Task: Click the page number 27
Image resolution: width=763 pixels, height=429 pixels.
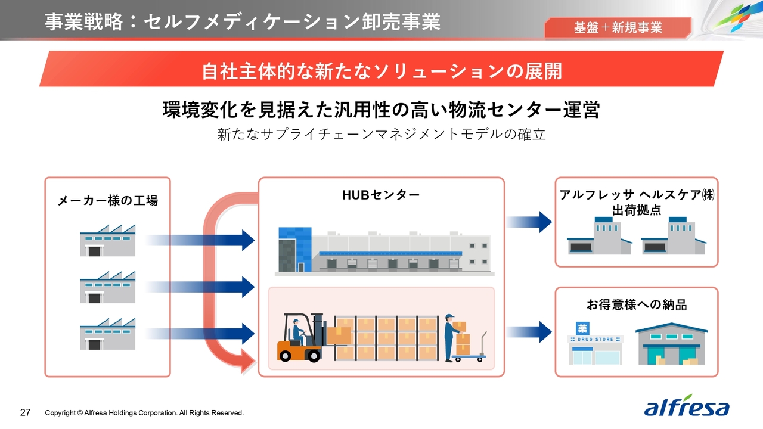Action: coord(25,412)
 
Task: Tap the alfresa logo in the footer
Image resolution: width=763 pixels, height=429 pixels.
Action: coord(687,406)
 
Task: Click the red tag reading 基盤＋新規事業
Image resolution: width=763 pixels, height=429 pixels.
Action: coord(618,27)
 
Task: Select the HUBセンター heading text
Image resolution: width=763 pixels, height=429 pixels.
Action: coord(381,195)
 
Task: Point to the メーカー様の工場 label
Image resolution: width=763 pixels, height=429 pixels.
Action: coord(108,200)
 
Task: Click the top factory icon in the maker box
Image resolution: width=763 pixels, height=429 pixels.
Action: coord(108,240)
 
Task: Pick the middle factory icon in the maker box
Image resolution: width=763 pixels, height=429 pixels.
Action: coord(108,287)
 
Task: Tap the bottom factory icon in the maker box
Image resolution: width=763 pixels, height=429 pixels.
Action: coord(108,334)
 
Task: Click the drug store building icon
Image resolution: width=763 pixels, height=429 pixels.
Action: coord(595,343)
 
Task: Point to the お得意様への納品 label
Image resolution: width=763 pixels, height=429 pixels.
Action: coord(636,304)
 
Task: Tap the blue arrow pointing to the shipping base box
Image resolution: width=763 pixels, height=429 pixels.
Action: coord(529,222)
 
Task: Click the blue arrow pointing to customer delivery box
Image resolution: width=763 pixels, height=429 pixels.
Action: coord(529,332)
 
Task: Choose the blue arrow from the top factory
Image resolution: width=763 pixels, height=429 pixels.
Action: coord(200,240)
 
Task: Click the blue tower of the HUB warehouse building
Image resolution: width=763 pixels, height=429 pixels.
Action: coord(295,249)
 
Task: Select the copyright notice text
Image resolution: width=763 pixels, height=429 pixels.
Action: coord(144,413)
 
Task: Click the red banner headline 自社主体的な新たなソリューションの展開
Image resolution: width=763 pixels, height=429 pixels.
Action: coord(381,71)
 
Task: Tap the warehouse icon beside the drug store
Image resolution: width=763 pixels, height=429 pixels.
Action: coord(671,344)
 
